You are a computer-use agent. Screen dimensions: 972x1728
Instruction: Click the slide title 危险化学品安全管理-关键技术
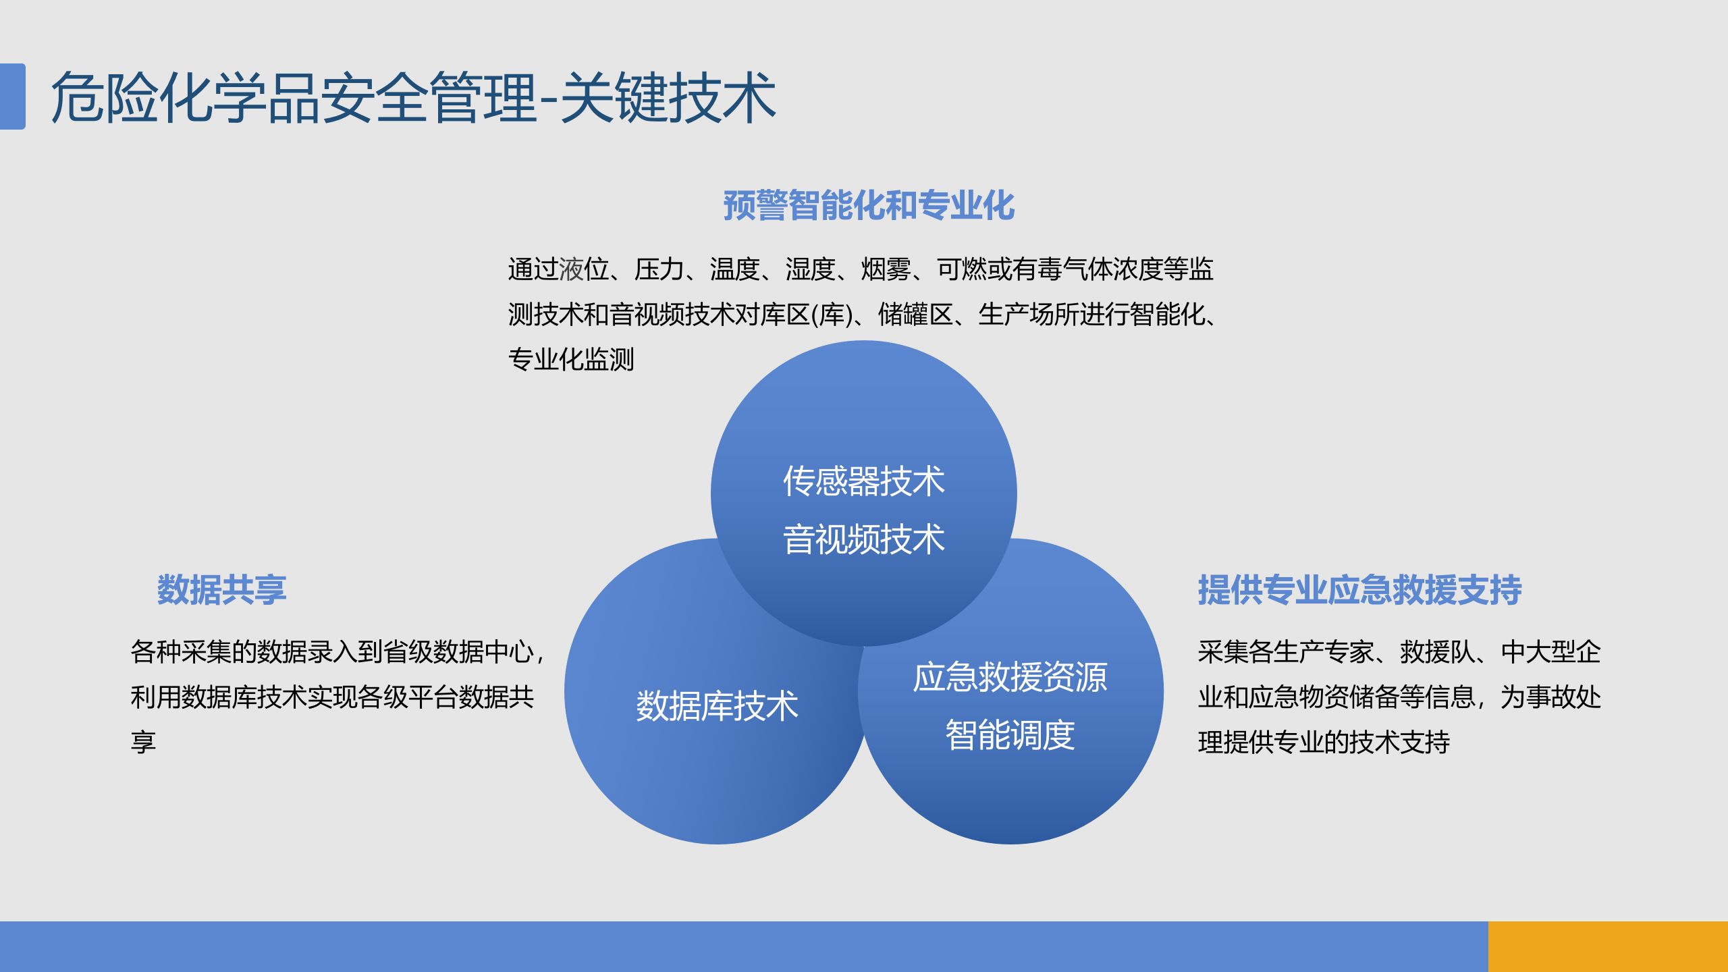[413, 98]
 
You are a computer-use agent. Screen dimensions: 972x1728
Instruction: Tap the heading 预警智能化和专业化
[869, 205]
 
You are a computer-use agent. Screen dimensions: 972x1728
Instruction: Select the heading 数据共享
[221, 589]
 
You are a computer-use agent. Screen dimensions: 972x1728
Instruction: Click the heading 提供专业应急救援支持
[1359, 589]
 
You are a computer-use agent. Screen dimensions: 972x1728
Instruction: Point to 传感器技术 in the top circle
[863, 481]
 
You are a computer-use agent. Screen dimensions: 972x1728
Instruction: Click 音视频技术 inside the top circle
[863, 539]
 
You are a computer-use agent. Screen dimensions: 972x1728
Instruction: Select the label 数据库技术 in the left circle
[717, 706]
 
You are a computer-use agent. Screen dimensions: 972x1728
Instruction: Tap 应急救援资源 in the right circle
[1010, 677]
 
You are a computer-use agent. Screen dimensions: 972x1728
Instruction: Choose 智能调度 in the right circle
[1010, 735]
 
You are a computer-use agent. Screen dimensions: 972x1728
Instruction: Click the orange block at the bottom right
[1608, 946]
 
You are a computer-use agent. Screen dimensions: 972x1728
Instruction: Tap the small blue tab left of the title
[12, 96]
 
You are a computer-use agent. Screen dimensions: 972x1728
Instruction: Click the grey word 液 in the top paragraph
[571, 269]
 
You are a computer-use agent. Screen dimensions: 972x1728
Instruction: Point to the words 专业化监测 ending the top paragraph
[571, 359]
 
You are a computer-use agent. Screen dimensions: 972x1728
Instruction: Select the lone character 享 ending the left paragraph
[143, 742]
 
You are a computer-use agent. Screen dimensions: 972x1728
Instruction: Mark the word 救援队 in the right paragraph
[1438, 652]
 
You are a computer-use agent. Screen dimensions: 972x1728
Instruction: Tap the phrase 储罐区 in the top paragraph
[915, 315]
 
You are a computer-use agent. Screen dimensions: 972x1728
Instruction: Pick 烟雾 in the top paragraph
[886, 269]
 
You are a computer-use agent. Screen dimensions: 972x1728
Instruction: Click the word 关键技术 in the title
[668, 98]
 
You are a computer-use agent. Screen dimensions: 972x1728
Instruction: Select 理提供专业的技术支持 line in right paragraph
[1324, 742]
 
